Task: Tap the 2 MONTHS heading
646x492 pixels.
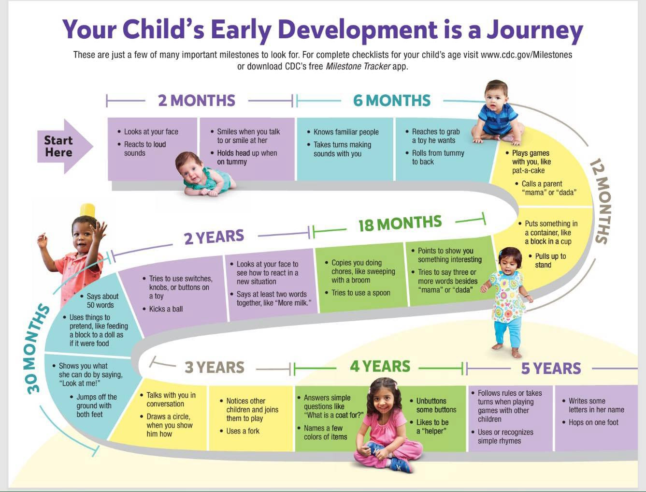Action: pos(197,101)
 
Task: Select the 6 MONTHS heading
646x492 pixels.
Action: pos(392,101)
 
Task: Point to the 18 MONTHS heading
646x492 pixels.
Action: pos(400,224)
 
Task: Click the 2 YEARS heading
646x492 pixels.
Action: pos(214,237)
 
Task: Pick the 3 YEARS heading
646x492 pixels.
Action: pos(215,367)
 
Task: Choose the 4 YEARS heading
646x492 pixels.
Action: pos(380,367)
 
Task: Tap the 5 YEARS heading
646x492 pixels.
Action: pos(551,369)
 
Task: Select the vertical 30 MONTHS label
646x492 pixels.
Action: pos(36,349)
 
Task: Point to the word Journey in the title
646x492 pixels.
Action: pos(535,30)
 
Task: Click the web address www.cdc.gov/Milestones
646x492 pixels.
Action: pos(526,55)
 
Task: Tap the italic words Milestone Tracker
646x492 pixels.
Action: pos(358,67)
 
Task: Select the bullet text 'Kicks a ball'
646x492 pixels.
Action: pos(166,309)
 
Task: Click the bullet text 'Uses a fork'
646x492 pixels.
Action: pos(243,431)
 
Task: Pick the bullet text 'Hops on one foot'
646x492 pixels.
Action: pos(593,422)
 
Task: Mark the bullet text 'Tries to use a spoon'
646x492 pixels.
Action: pos(361,293)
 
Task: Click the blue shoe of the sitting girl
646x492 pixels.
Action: pos(400,465)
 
